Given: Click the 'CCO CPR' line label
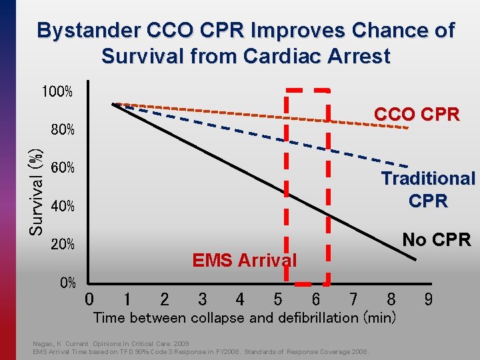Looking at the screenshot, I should coord(417,115).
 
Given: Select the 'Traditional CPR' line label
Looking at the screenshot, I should coord(427,189).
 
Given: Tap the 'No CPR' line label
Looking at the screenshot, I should coord(437,239).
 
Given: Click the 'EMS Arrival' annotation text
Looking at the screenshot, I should coord(244,260).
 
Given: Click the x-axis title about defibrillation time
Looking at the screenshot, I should coord(245,317).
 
